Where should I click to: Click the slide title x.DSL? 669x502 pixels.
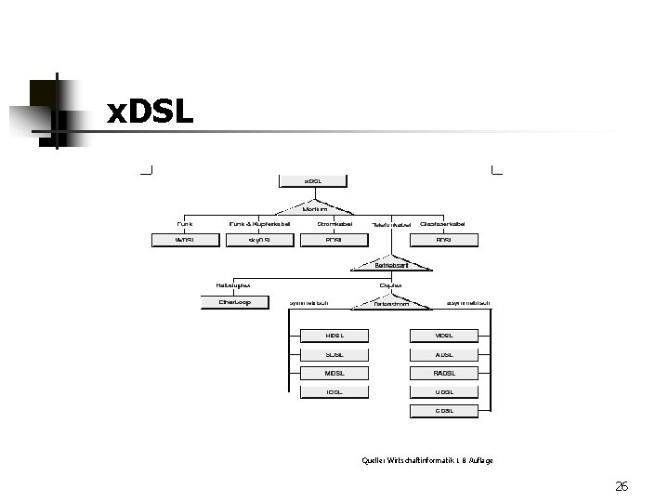[x=151, y=112]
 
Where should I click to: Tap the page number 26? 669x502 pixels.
[x=622, y=485]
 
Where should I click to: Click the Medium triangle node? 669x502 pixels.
[x=315, y=209]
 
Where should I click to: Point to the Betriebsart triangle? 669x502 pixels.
[x=391, y=265]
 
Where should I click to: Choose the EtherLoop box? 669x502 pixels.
[x=235, y=302]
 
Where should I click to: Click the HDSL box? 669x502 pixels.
[x=334, y=335]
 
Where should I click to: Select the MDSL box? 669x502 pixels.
[x=334, y=373]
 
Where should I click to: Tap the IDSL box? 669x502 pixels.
[x=334, y=392]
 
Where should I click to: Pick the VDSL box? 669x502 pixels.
[x=444, y=335]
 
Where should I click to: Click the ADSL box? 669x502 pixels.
[x=444, y=354]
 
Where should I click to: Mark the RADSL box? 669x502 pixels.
[x=444, y=373]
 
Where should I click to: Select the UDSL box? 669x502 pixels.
[x=444, y=392]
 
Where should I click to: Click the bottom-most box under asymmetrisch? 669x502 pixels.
[x=444, y=411]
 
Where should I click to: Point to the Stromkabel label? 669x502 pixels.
[x=334, y=224]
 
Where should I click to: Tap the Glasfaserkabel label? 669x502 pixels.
[x=442, y=224]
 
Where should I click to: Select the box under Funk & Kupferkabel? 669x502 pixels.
[x=259, y=240]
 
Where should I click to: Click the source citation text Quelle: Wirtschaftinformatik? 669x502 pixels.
[x=427, y=460]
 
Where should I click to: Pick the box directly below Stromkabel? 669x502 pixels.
[x=334, y=240]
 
